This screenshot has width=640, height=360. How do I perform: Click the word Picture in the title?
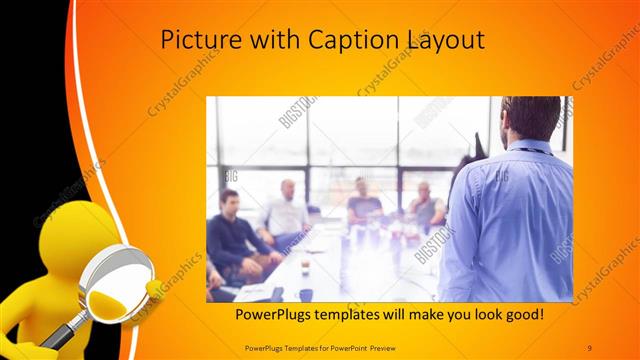point(197,41)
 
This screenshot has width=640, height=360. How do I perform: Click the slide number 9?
point(590,345)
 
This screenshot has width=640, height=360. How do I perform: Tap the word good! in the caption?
point(522,314)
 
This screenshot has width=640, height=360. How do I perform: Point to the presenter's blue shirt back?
point(510,220)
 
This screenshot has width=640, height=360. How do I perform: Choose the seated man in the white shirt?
point(285,212)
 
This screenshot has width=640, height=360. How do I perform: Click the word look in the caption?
point(474,314)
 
